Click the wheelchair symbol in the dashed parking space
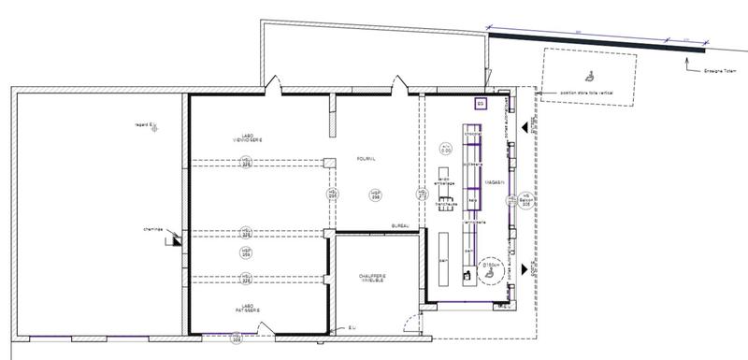point(591,73)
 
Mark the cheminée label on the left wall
point(153,230)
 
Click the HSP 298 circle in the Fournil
point(376,194)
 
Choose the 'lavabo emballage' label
point(446,181)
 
